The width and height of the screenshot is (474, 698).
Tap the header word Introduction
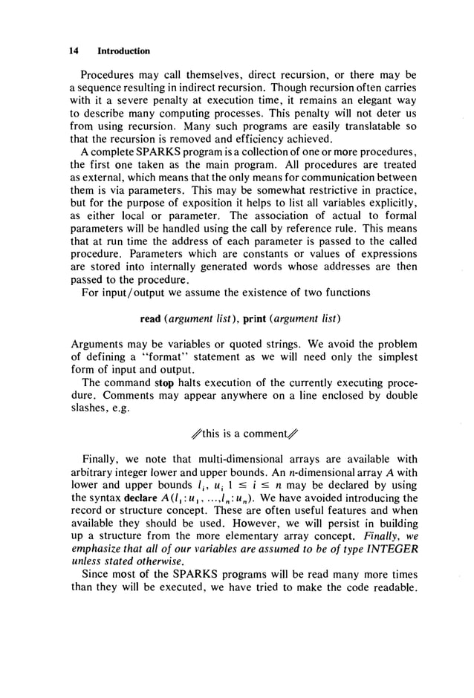(x=123, y=51)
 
